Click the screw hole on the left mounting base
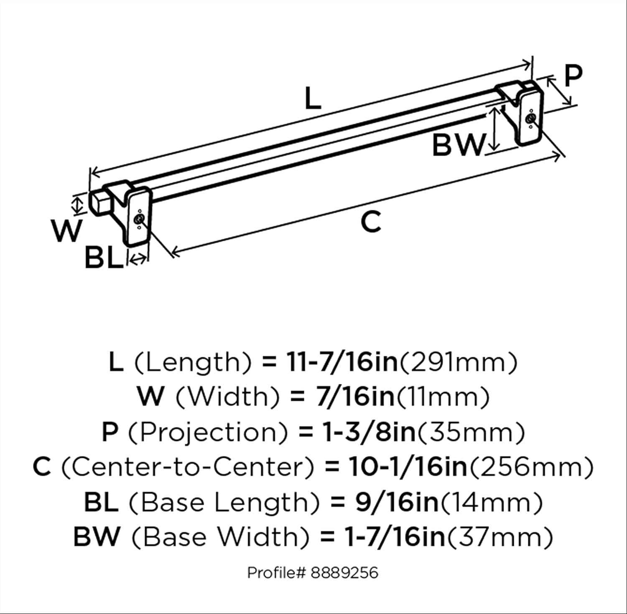click(x=138, y=220)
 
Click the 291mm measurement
click(x=459, y=362)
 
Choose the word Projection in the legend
click(x=208, y=432)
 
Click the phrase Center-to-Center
click(x=188, y=467)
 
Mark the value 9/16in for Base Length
click(x=397, y=502)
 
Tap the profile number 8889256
click(x=344, y=572)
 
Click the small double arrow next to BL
click(x=138, y=260)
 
